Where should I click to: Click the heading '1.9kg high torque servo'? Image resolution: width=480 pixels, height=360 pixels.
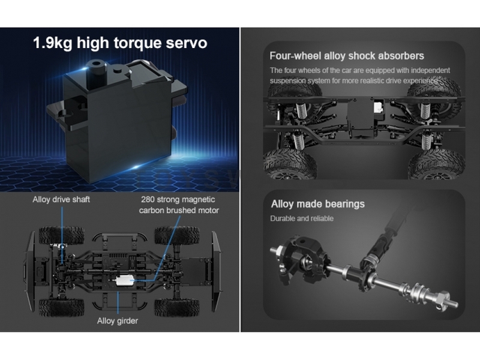pos(120,43)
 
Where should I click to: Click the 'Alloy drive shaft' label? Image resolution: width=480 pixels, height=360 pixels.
pos(61,200)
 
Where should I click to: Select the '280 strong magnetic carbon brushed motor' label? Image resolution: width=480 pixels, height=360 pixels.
pos(179,205)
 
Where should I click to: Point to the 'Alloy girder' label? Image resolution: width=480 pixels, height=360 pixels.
pos(118,321)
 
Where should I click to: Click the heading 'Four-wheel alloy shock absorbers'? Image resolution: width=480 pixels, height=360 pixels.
pos(347,56)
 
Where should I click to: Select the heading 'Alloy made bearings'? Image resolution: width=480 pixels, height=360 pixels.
pos(318,204)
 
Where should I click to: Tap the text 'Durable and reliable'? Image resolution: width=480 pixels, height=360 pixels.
pos(302,218)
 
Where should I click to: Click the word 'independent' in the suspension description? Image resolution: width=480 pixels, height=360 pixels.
pos(430,70)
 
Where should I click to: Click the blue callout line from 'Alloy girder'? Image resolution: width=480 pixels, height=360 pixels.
pos(118,303)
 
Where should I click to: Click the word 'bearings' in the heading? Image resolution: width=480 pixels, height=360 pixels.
pos(344,204)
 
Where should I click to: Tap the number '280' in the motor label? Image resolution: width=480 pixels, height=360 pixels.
pos(148,200)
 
